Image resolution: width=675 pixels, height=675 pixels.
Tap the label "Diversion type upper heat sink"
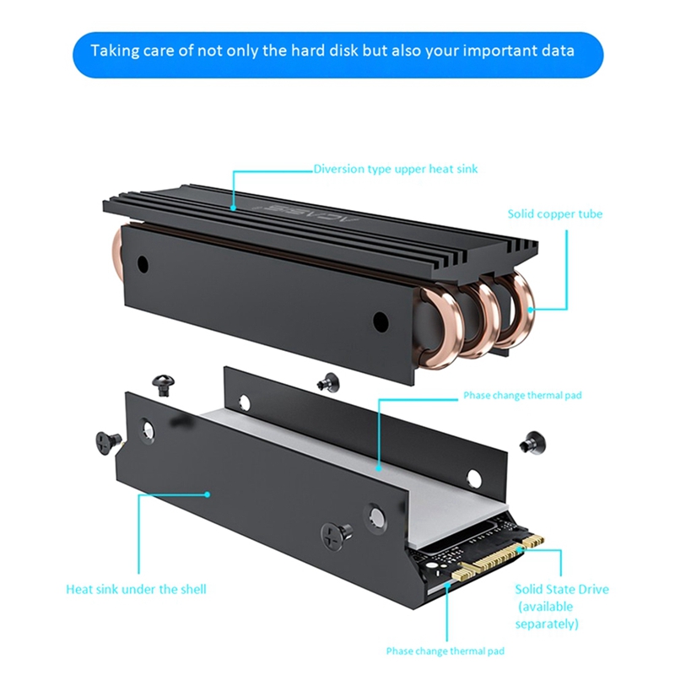(x=396, y=169)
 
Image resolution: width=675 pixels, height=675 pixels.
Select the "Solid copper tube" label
(x=554, y=214)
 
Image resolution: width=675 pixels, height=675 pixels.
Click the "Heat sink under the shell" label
(x=136, y=589)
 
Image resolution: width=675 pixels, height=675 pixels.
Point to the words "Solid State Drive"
(x=561, y=589)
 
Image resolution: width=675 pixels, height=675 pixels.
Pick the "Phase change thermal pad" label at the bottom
(x=445, y=651)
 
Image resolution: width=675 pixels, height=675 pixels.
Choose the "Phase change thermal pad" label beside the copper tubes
(x=522, y=395)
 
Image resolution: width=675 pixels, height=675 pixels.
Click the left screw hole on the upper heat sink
(x=143, y=264)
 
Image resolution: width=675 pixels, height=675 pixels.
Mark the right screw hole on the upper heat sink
(x=381, y=321)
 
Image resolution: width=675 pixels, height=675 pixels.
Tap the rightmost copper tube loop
(x=521, y=308)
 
